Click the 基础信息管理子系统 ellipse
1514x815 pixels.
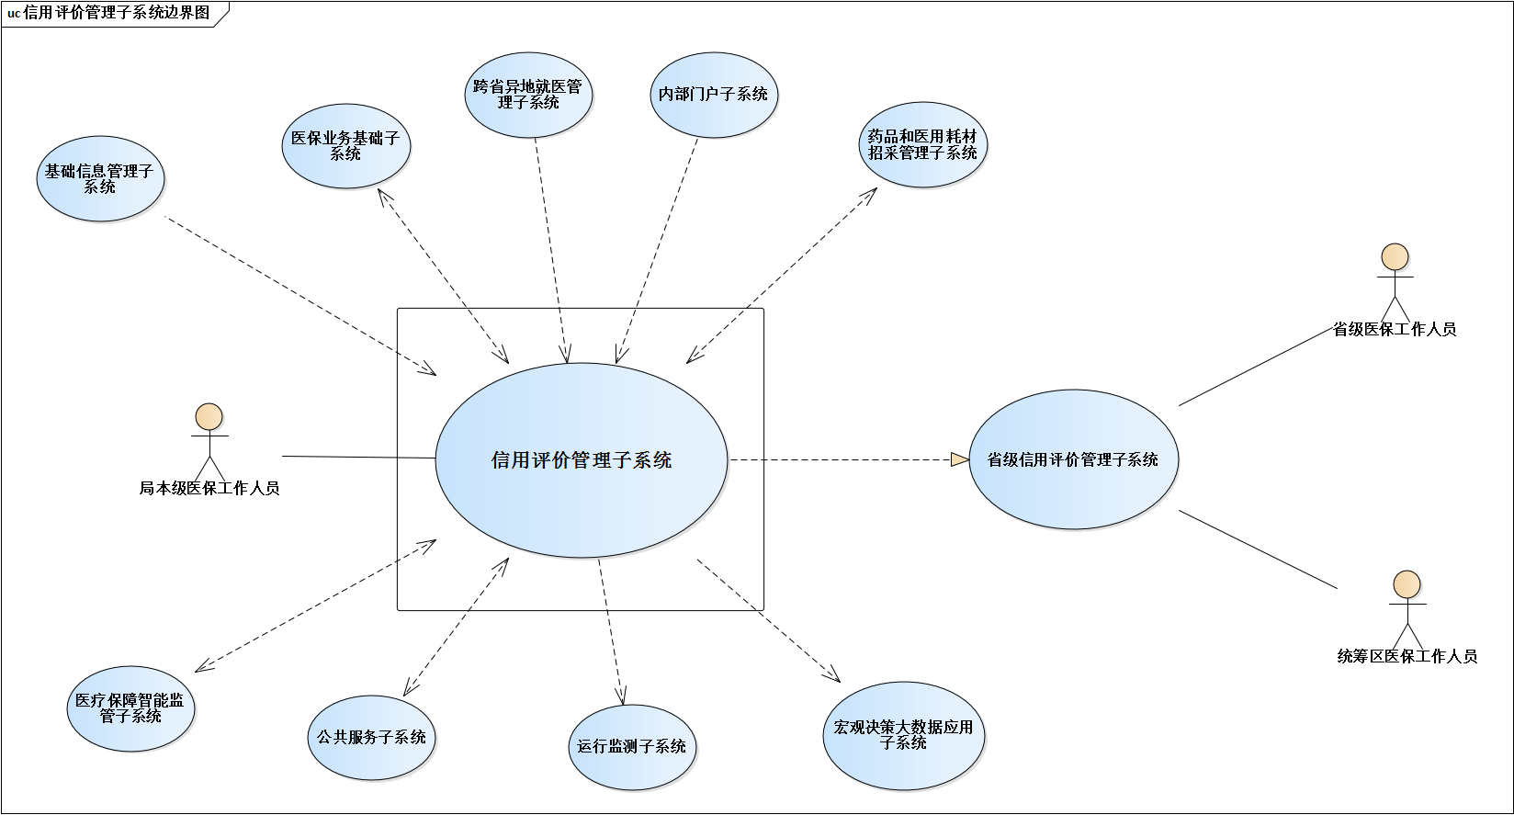pyautogui.click(x=100, y=178)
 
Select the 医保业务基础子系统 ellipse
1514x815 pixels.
pyautogui.click(x=345, y=146)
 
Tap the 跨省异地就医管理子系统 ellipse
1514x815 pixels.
pyautogui.click(x=528, y=95)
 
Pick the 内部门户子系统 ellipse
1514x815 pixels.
pyautogui.click(x=714, y=95)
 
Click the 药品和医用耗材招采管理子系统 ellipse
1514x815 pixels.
pyautogui.click(x=922, y=145)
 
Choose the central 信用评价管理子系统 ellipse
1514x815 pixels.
pyautogui.click(x=581, y=459)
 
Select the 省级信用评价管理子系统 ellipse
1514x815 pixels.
pyautogui.click(x=1073, y=459)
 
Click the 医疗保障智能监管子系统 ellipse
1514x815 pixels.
pyautogui.click(x=130, y=708)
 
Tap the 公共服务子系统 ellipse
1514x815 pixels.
pyautogui.click(x=371, y=737)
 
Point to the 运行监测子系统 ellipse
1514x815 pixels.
pyautogui.click(x=632, y=746)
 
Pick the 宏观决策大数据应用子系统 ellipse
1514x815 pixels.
pyautogui.click(x=903, y=735)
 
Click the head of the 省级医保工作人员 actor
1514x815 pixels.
pyautogui.click(x=1395, y=256)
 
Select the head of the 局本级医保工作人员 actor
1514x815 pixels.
pyautogui.click(x=209, y=416)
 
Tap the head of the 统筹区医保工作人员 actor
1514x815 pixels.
pyautogui.click(x=1407, y=583)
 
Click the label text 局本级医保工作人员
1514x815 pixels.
pyautogui.click(x=209, y=489)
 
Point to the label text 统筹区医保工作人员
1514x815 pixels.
pyautogui.click(x=1407, y=656)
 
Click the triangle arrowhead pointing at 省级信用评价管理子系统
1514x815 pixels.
pyautogui.click(x=960, y=459)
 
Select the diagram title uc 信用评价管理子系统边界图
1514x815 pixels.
pyautogui.click(x=109, y=13)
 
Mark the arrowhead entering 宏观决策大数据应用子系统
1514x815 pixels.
pyautogui.click(x=833, y=676)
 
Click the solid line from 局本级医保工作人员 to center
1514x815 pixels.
pyautogui.click(x=358, y=457)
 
